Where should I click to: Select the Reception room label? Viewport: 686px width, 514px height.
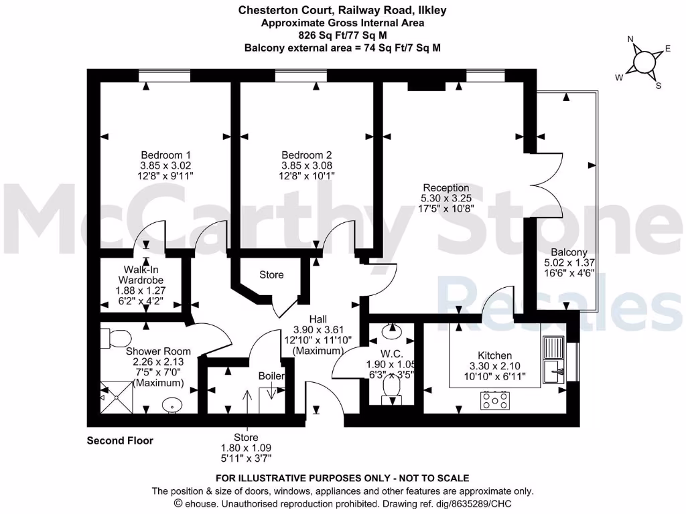tap(445, 188)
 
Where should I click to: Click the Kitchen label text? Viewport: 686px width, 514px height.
tap(494, 355)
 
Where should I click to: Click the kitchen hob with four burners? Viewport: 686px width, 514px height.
tap(494, 400)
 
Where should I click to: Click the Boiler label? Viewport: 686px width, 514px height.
tap(271, 376)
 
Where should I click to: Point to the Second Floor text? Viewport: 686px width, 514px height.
tap(120, 440)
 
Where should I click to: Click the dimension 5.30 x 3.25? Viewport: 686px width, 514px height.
tap(445, 199)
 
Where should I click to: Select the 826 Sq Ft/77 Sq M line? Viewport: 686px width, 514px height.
tap(342, 35)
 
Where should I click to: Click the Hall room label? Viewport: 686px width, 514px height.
tap(318, 319)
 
